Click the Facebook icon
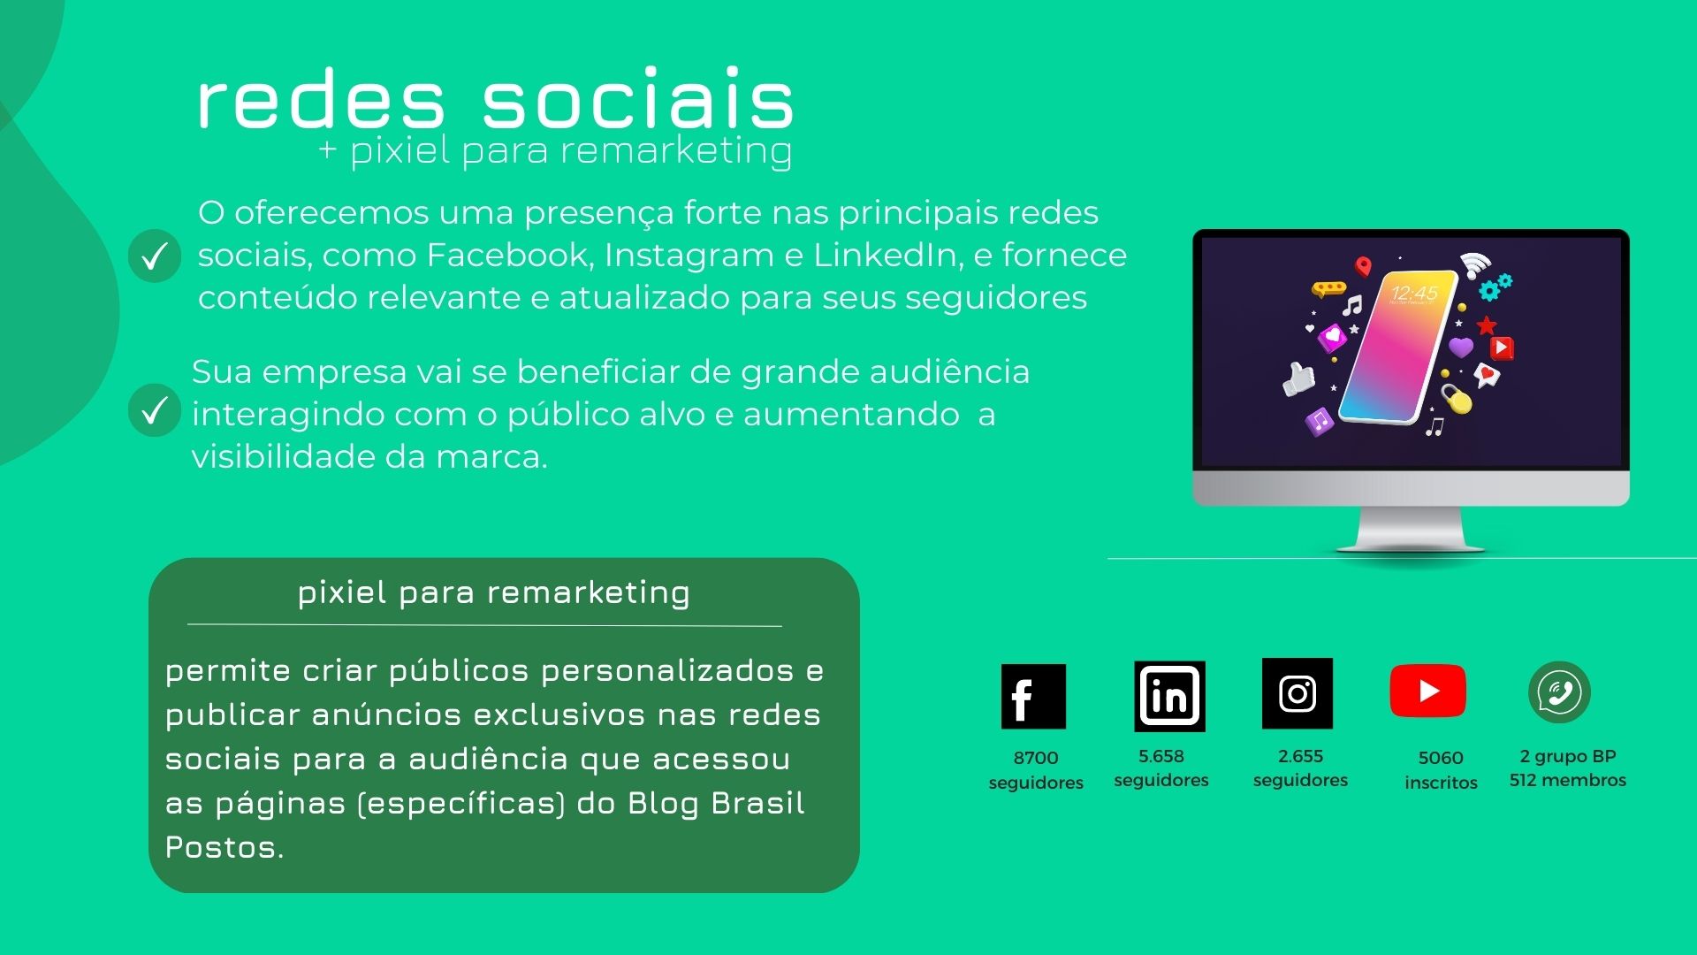point(1033,696)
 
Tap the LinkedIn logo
point(1169,696)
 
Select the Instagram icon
point(1297,693)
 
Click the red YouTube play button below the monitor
point(1427,691)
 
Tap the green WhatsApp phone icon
point(1559,691)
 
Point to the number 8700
point(1036,758)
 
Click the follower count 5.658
point(1161,756)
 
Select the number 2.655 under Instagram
point(1300,756)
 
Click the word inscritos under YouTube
point(1441,783)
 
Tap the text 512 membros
point(1568,780)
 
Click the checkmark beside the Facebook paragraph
point(155,256)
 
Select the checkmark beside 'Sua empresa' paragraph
point(155,410)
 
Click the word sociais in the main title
point(638,98)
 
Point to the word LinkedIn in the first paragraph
point(887,255)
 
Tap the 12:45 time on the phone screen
point(1414,293)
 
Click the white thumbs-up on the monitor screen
point(1298,378)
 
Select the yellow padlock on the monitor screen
point(1456,398)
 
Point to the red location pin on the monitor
point(1364,266)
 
